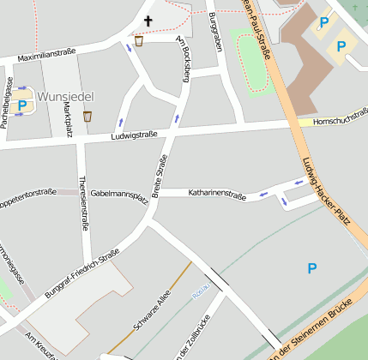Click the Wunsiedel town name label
(64, 98)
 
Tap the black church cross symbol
(148, 21)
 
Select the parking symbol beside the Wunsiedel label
(22, 105)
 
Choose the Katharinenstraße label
(217, 196)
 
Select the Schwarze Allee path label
(153, 312)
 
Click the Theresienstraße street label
(82, 204)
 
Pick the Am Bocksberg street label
(183, 59)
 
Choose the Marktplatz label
(63, 123)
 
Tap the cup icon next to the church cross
(139, 39)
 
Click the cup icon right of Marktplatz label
(87, 116)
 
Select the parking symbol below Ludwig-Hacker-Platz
(312, 269)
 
